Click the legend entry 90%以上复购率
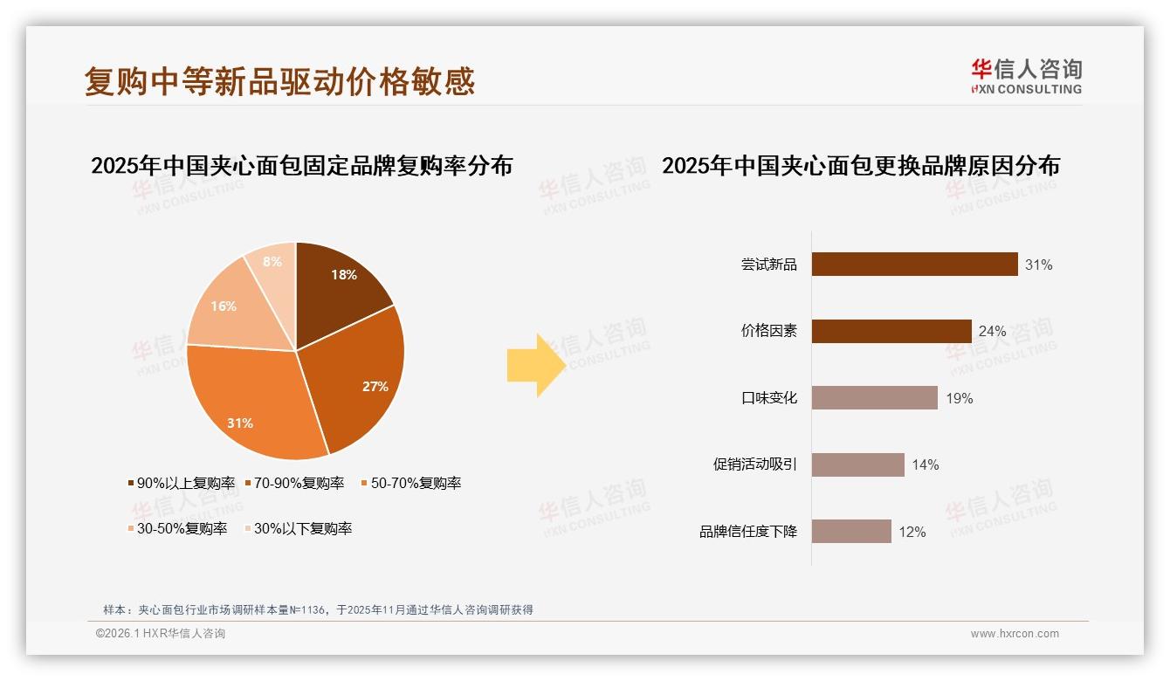tap(182, 483)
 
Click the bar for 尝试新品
tap(914, 264)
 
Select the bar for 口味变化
tap(874, 398)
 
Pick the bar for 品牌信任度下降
tap(851, 532)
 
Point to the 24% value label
tap(992, 332)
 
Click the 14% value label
tap(926, 465)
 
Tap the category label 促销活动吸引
tap(755, 464)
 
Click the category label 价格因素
tap(769, 331)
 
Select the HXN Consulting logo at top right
tap(1026, 77)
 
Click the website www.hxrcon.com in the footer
tap(1015, 634)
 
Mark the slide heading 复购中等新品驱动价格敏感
tap(279, 81)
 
